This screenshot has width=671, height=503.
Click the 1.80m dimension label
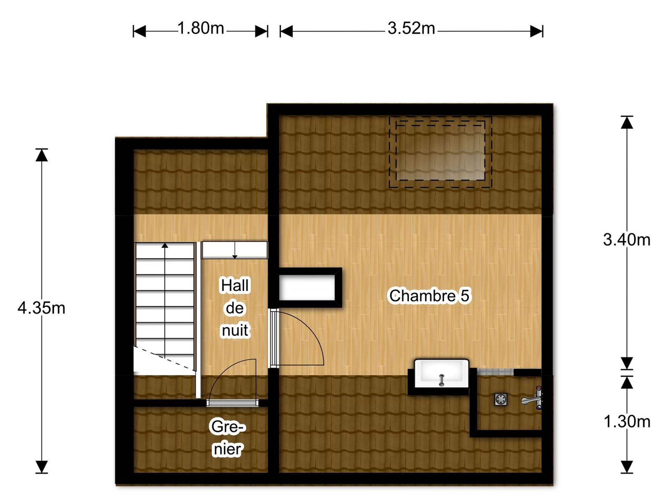coord(201,28)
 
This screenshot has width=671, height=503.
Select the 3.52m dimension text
coord(411,28)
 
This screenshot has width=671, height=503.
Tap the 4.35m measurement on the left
coord(41,308)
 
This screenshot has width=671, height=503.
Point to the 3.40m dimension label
coord(627,240)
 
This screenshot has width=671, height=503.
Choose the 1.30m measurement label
coord(627,422)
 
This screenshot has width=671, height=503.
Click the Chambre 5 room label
coord(430,296)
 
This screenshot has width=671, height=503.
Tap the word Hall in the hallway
coord(235,285)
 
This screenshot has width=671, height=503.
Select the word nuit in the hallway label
coord(235,330)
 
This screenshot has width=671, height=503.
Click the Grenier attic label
coord(228,438)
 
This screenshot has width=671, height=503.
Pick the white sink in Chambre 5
coord(441,373)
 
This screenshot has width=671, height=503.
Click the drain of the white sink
coord(441,380)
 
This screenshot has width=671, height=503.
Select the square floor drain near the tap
coord(501,399)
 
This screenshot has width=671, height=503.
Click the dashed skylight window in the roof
coord(440,152)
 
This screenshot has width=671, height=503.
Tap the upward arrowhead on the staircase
coord(165,245)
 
